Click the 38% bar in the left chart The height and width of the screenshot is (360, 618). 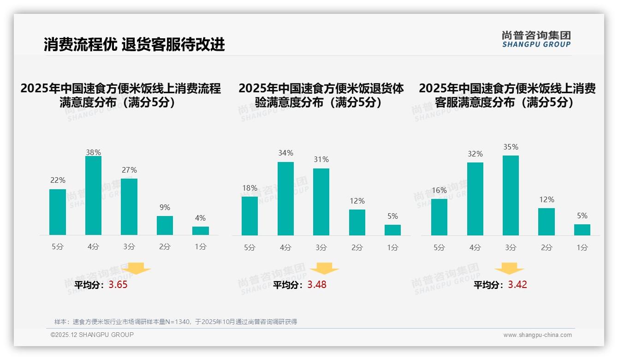[93, 196]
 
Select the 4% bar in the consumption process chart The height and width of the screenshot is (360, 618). [201, 231]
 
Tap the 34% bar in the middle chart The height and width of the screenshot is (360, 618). [285, 198]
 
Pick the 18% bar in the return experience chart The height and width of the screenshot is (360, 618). [250, 216]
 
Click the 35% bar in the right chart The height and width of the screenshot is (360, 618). [511, 195]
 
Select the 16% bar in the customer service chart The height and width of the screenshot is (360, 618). [439, 217]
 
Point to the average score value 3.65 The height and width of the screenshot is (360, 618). [118, 285]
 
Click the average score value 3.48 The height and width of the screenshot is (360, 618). [317, 285]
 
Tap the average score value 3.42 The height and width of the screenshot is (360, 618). [517, 285]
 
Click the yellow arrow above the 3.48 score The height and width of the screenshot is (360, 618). [324, 269]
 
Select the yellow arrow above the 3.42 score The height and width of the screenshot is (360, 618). [509, 269]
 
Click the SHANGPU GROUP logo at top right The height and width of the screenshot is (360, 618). [536, 39]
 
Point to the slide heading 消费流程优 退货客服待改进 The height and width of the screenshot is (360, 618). [134, 44]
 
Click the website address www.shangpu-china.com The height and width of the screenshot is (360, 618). [537, 335]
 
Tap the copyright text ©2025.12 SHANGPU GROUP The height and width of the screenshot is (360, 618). [92, 335]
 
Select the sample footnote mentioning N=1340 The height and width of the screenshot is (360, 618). [176, 322]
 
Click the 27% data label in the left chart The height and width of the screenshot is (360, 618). [129, 170]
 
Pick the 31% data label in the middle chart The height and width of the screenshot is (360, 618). [321, 159]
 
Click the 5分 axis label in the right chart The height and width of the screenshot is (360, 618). [439, 247]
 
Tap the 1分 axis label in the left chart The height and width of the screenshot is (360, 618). [201, 247]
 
